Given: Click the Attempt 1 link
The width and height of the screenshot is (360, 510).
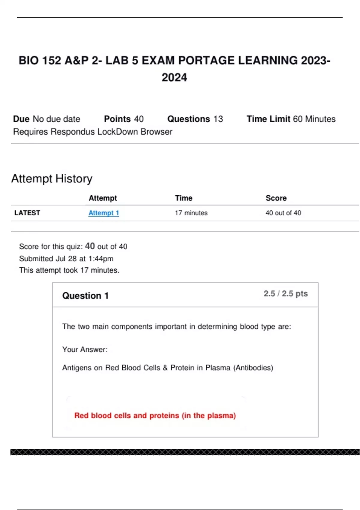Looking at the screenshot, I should pos(103,213).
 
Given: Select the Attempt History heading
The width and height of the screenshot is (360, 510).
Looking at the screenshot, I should pos(52,179).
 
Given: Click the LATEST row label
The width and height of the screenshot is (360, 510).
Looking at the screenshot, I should pos(27,213).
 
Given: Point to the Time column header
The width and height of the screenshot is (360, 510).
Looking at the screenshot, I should pos(184,198).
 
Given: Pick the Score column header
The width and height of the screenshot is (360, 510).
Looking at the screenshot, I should pos(276,198).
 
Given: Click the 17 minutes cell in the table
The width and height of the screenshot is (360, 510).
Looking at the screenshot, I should pos(191,213).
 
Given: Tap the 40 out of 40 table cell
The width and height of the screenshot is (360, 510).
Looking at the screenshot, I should pos(283,213).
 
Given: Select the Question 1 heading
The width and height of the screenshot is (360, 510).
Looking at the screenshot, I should pos(85,296).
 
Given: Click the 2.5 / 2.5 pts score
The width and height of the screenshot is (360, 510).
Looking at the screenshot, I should pos(286,294).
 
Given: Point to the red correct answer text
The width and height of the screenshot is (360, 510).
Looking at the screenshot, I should pos(155,415).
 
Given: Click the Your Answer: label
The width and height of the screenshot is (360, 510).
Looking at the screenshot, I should pos(85,349).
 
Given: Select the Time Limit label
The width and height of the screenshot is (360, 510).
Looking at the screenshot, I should pos(268,119).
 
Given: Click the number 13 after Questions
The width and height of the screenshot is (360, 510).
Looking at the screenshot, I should pos(218,119).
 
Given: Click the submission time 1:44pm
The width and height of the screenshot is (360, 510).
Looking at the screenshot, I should pos(101,259).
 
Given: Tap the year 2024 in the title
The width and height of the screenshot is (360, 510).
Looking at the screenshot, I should pos(174,78).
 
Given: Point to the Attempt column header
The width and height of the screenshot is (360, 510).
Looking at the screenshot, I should pos(103,198).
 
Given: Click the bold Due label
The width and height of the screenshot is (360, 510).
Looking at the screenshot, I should pos(21,119).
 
